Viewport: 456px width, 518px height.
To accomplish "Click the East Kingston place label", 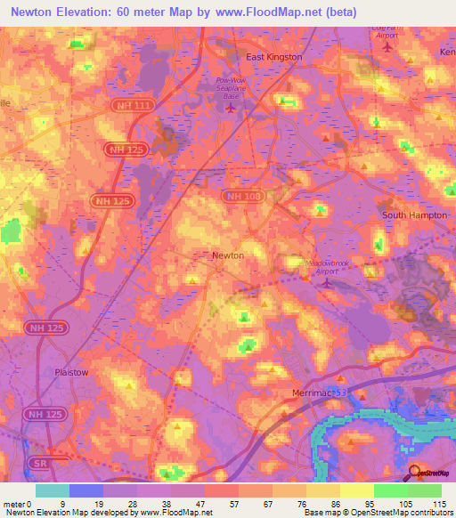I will pos(273,57).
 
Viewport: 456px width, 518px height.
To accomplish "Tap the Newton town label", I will pos(228,255).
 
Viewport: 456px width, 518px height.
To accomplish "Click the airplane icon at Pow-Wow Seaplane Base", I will pos(232,109).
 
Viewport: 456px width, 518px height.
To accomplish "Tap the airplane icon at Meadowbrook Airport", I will pos(326,283).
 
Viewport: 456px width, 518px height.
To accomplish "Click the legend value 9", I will pos(62,503).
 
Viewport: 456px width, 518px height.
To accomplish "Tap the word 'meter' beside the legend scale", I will pos(13,503).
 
